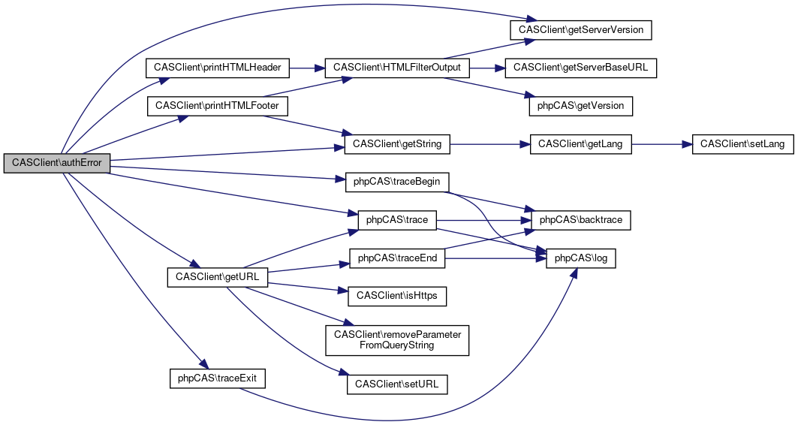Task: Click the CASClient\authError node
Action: [57, 163]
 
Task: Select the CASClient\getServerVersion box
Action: [581, 30]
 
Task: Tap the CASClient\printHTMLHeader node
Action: [217, 68]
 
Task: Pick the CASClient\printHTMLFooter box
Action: [217, 106]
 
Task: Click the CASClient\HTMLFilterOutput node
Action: [397, 68]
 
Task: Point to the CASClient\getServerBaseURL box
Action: [581, 68]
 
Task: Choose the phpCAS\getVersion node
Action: [581, 106]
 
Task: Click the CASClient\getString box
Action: [397, 143]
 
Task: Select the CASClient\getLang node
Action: [581, 143]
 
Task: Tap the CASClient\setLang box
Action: [742, 143]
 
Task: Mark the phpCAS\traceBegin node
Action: [397, 182]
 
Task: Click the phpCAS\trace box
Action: [397, 220]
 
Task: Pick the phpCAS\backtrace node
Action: [581, 220]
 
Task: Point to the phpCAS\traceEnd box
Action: [397, 258]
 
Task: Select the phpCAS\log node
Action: [581, 258]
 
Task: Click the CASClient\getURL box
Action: [217, 276]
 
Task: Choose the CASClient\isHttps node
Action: [397, 296]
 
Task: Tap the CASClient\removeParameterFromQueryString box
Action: [397, 339]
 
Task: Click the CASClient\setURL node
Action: [397, 384]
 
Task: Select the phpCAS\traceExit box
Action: [217, 378]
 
